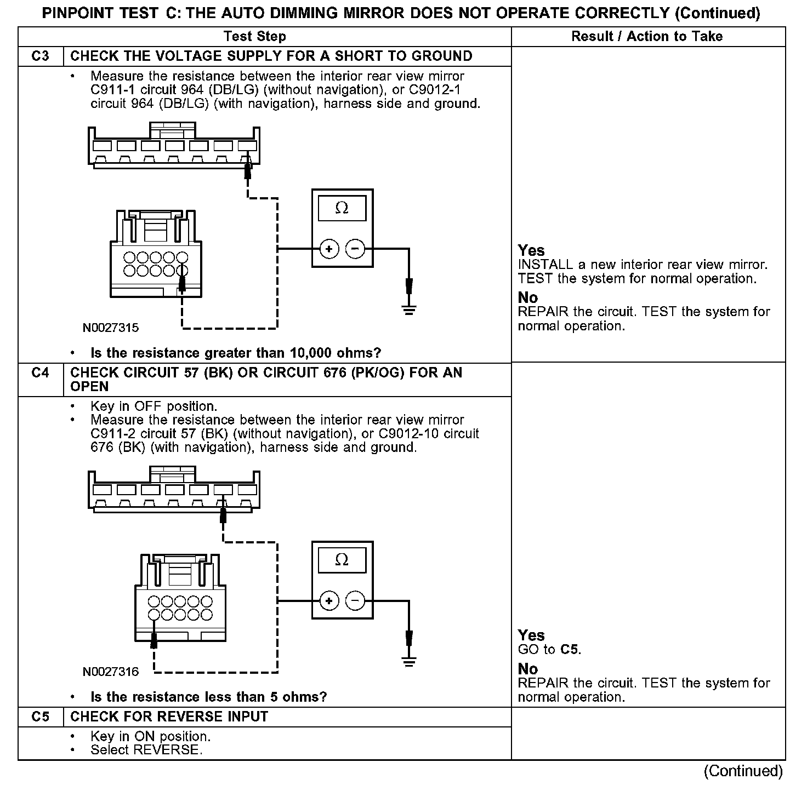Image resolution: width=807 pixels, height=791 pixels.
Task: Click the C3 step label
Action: [x=41, y=56]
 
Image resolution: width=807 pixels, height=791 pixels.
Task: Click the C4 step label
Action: [x=41, y=373]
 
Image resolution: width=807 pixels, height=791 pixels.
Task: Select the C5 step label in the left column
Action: [x=41, y=717]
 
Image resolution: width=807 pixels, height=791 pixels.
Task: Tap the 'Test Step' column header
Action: [x=255, y=37]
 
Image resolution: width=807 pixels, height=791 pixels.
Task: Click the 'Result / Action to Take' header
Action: [x=647, y=37]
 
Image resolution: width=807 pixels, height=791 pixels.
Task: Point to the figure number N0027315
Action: [x=111, y=328]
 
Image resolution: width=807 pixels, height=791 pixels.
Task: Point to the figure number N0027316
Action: [x=111, y=672]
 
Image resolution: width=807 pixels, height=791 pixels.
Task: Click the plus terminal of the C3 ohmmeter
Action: [x=329, y=250]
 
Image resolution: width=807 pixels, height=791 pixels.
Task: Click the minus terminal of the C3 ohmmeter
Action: [x=355, y=250]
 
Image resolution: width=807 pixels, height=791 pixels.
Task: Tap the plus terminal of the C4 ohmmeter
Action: [x=329, y=601]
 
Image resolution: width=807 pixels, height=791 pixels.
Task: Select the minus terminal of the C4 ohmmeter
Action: [x=355, y=601]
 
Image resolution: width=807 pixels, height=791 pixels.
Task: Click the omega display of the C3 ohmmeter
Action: [x=342, y=208]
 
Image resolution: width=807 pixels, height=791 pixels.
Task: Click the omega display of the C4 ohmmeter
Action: [x=342, y=560]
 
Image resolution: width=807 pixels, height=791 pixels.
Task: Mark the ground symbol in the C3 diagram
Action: [x=408, y=310]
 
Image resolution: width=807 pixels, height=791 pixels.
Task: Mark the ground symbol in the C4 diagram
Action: [x=408, y=662]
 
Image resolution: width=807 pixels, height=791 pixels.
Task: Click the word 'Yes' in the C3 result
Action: [x=531, y=250]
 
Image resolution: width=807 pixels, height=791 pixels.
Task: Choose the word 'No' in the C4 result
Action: [x=528, y=669]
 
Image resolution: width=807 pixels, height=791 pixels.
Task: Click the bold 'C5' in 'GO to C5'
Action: [x=570, y=650]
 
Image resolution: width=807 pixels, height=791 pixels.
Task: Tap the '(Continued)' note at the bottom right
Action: [x=743, y=771]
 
